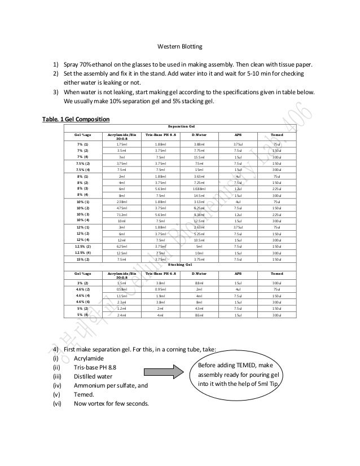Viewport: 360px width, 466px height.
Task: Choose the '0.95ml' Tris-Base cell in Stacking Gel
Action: coord(160,289)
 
